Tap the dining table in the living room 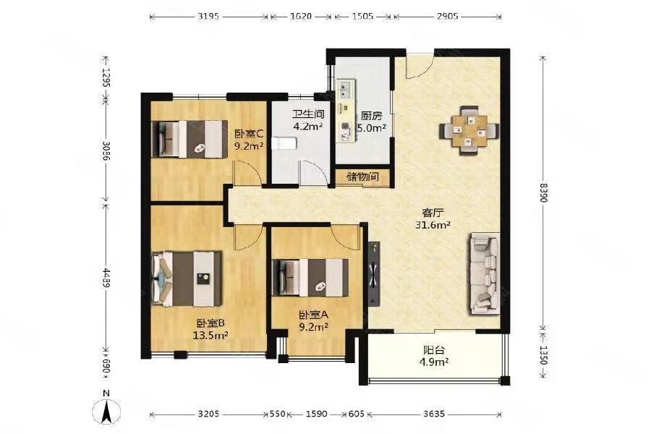(x=469, y=130)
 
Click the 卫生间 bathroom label (x=307, y=114)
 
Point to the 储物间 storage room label (x=363, y=176)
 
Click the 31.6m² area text (x=433, y=225)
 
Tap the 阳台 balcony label (x=433, y=350)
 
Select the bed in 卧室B (x=187, y=278)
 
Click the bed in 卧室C (x=190, y=139)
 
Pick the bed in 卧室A (x=310, y=278)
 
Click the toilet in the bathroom (x=284, y=143)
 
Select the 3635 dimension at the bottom (x=434, y=414)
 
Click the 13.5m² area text (x=210, y=335)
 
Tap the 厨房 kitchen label (x=371, y=116)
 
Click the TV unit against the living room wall (x=373, y=274)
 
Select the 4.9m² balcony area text (x=433, y=362)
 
